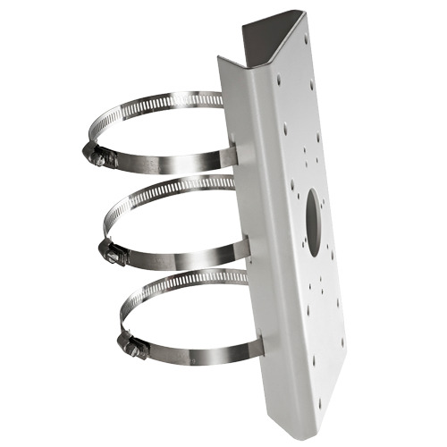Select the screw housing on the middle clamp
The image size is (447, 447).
point(114,252)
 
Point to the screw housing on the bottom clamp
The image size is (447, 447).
point(131,346)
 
